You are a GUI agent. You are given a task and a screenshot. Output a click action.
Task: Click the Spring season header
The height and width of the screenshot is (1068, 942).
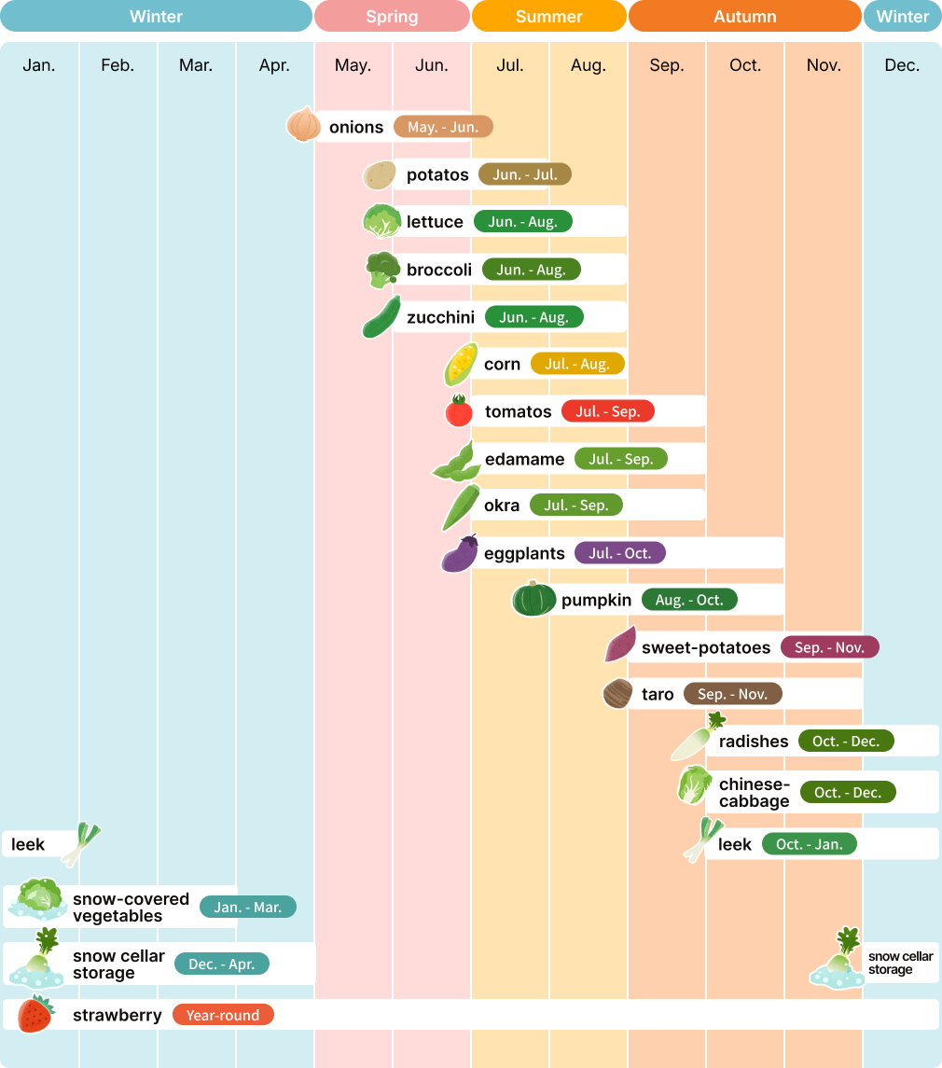[x=392, y=17]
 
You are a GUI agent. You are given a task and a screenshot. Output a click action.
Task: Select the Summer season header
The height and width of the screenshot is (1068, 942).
[x=548, y=17]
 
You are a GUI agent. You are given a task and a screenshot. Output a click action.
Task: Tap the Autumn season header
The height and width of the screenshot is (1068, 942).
[x=744, y=17]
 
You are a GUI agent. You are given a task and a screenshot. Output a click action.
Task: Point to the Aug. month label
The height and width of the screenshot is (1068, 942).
[x=588, y=65]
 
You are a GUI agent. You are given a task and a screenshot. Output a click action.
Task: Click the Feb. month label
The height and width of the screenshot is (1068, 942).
[x=118, y=65]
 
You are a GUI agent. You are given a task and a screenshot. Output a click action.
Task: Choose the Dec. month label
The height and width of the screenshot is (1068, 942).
[x=901, y=65]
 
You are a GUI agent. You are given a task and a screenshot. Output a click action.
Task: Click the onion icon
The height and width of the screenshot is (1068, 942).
[x=303, y=125]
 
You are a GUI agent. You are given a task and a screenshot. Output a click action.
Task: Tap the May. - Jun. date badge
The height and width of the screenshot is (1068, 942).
[x=443, y=127]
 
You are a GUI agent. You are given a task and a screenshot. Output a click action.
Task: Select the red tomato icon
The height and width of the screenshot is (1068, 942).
[x=459, y=411]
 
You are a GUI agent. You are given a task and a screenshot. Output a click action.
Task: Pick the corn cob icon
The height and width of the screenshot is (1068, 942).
[x=461, y=364]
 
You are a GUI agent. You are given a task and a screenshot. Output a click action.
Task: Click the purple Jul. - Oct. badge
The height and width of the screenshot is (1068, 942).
[x=619, y=553]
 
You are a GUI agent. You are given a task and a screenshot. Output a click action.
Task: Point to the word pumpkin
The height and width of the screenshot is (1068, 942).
[x=596, y=600]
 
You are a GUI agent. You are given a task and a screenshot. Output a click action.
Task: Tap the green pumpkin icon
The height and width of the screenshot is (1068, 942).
[x=534, y=599]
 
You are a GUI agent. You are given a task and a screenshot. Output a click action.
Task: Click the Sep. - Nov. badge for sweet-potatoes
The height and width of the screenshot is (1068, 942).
[x=829, y=647]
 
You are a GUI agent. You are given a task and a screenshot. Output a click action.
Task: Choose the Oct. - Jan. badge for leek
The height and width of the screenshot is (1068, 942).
[x=809, y=844]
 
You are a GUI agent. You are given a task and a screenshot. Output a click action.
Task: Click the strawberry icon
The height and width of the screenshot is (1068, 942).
[x=36, y=1014]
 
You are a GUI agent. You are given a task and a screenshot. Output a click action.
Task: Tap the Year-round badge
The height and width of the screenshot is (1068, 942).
[x=223, y=1015]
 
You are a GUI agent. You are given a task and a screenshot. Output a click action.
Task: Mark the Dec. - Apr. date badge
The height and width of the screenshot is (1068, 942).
[x=221, y=964]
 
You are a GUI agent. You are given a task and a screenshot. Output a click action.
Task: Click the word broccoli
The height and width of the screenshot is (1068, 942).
[x=438, y=270]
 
